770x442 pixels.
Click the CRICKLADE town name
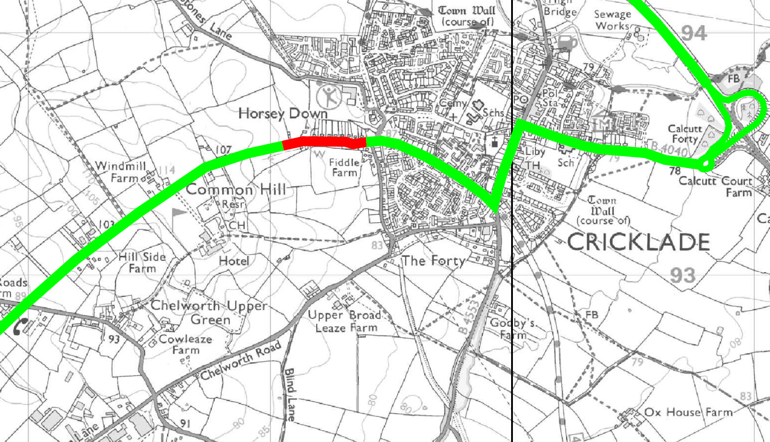pos(638,242)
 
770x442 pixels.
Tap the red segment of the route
pos(324,142)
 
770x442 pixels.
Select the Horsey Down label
pos(283,113)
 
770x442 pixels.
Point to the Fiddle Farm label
pos(344,168)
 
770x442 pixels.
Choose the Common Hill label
pos(236,190)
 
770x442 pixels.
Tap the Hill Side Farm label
pos(142,262)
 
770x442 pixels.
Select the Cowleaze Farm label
pos(185,345)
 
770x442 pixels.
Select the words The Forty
pos(433,261)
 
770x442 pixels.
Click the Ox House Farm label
pos(688,412)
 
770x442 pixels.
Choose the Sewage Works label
pos(612,20)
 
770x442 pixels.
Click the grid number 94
pos(694,33)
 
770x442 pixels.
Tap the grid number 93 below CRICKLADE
pos(683,275)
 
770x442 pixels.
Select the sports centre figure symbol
pos(329,96)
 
